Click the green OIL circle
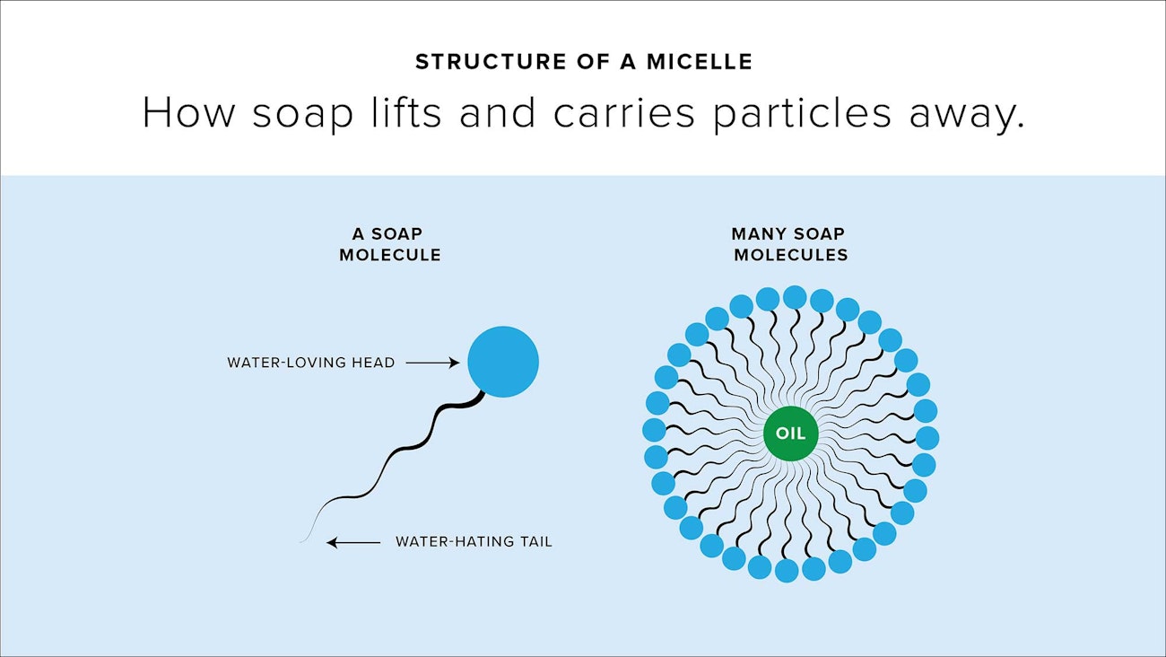pyautogui.click(x=791, y=433)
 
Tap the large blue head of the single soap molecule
pyautogui.click(x=503, y=362)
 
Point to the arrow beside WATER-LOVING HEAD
pyautogui.click(x=432, y=362)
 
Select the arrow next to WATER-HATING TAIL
pyautogui.click(x=353, y=542)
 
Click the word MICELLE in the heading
pyautogui.click(x=700, y=62)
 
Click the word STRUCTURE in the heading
pyautogui.click(x=491, y=62)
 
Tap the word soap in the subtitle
pyautogui.click(x=303, y=113)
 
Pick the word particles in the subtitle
pyautogui.click(x=802, y=113)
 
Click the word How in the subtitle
pyautogui.click(x=189, y=112)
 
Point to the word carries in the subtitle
pyautogui.click(x=624, y=113)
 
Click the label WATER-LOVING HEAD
pyautogui.click(x=310, y=363)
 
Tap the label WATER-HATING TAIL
pyautogui.click(x=474, y=542)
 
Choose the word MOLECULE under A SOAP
pyautogui.click(x=390, y=255)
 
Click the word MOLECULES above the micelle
pyautogui.click(x=791, y=255)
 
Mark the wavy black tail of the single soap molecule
pyautogui.click(x=405, y=448)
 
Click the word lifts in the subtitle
pyautogui.click(x=406, y=111)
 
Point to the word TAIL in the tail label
pyautogui.click(x=536, y=542)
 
